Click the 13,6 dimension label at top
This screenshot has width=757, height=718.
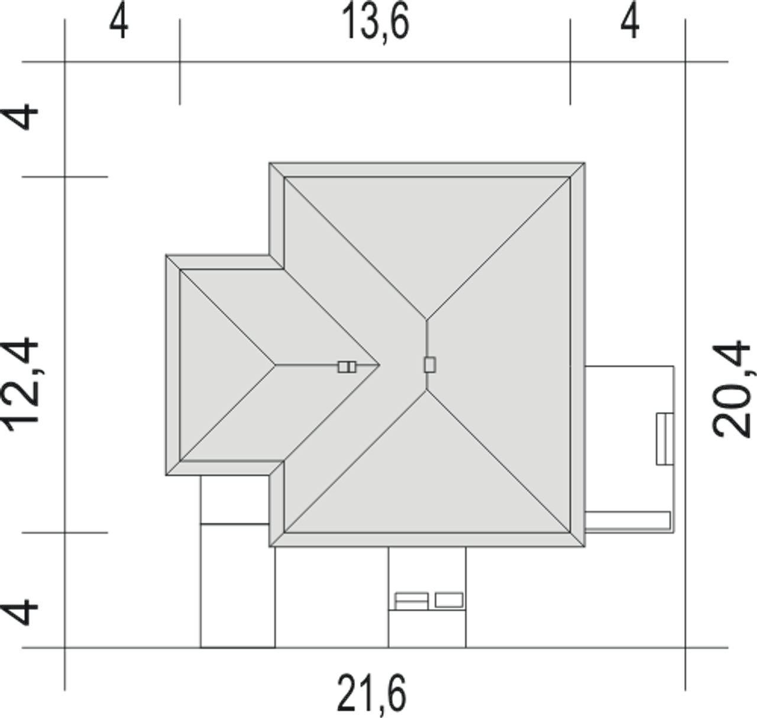[x=376, y=24]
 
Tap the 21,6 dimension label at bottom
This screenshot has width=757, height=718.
[x=371, y=693]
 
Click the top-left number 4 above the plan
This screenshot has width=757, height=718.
[x=119, y=24]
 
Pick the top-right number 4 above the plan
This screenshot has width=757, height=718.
[x=630, y=24]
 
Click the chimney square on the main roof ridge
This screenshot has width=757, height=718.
[x=430, y=365]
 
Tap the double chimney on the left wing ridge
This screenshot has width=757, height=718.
[x=347, y=366]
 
